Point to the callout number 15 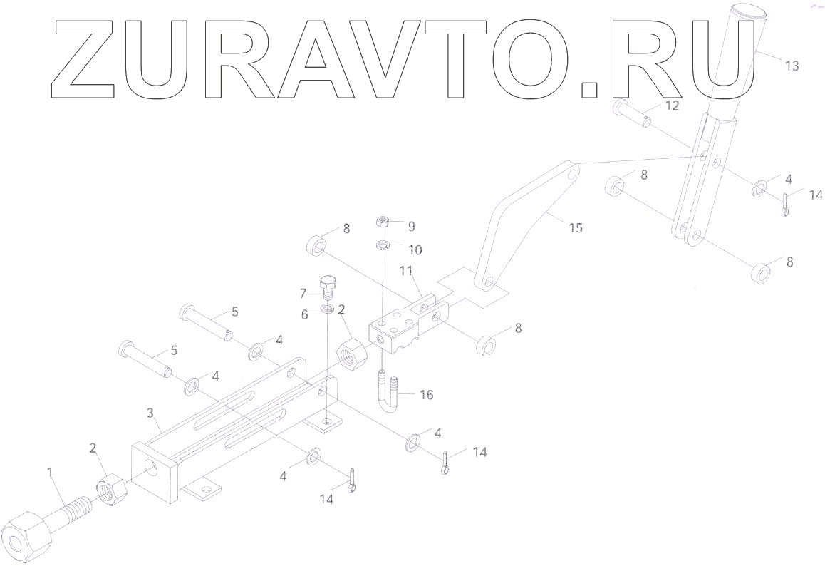[576, 228]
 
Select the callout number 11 [406, 270]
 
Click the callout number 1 [50, 471]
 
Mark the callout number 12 [673, 106]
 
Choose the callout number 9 [410, 226]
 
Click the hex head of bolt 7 [328, 280]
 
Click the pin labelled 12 [632, 113]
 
